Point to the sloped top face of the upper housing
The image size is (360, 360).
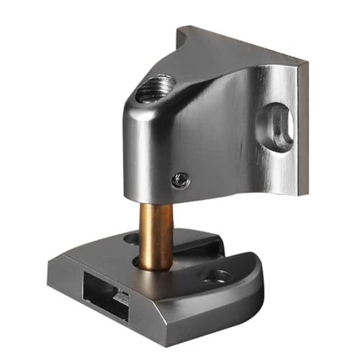point(216,72)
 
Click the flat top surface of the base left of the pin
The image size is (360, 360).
point(101,252)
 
